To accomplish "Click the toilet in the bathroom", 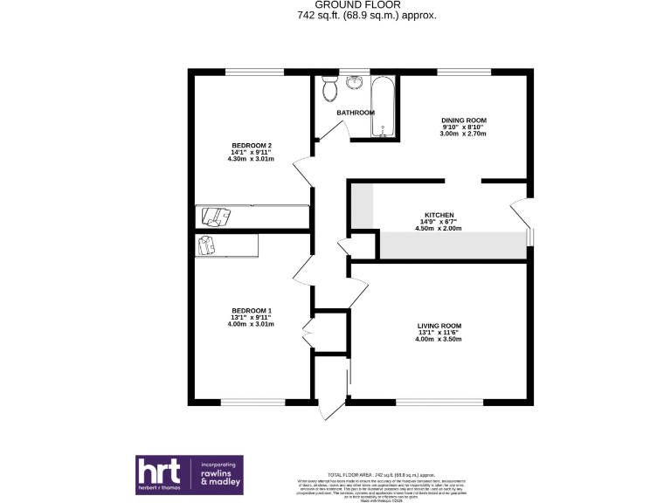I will pyautogui.click(x=330, y=89).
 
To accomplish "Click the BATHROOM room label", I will pyautogui.click(x=356, y=113).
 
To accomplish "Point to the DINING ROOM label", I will pyautogui.click(x=464, y=120).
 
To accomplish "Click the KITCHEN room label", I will pyautogui.click(x=439, y=215).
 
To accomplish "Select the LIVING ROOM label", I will pyautogui.click(x=439, y=326).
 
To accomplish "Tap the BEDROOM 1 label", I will pyautogui.click(x=252, y=311).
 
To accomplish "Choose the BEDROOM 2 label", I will pyautogui.click(x=252, y=145).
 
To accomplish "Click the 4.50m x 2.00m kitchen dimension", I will pyautogui.click(x=439, y=229).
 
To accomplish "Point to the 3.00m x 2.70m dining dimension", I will pyautogui.click(x=464, y=134).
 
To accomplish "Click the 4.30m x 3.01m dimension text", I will pyautogui.click(x=252, y=159).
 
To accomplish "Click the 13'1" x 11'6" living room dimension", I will pyautogui.click(x=439, y=333).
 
